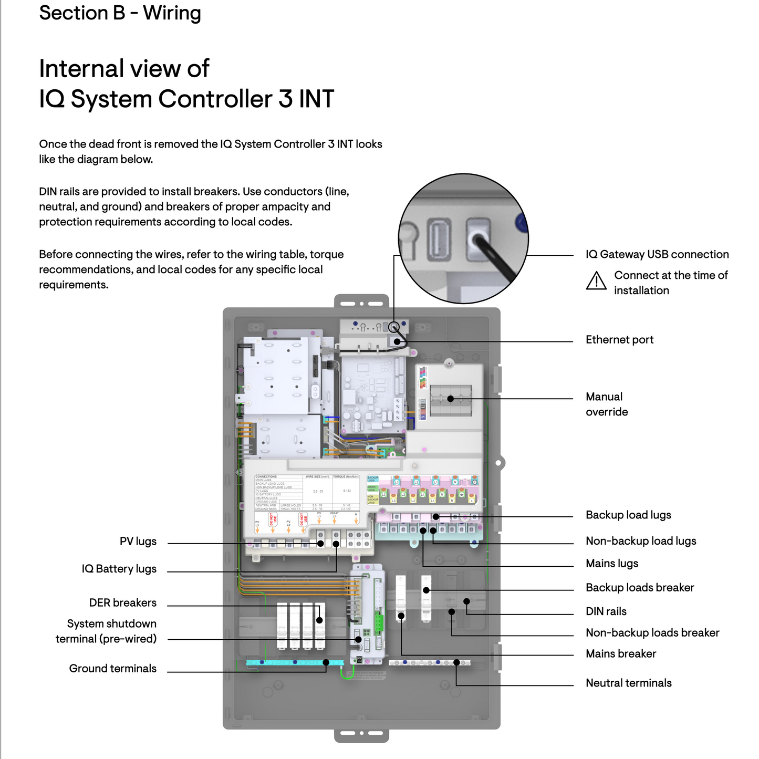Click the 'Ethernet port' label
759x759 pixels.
point(619,340)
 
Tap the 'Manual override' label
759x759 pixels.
point(606,404)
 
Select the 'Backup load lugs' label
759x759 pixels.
point(628,515)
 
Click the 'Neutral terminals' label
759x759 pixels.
point(628,683)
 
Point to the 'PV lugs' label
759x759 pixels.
point(138,542)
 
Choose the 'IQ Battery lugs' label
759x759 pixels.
point(119,569)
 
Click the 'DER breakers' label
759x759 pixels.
point(122,603)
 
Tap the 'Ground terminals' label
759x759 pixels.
point(112,669)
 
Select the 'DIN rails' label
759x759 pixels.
point(606,611)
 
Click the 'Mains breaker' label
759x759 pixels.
point(621,654)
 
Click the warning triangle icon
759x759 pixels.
point(596,281)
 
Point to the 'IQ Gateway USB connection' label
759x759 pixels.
point(657,255)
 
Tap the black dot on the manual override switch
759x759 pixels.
point(450,399)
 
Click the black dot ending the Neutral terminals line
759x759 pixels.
point(456,662)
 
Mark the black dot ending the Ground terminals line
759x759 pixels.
point(326,662)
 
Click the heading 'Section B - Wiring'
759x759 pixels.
point(120,13)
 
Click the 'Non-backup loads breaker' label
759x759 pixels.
point(652,633)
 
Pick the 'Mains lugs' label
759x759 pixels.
point(612,564)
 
